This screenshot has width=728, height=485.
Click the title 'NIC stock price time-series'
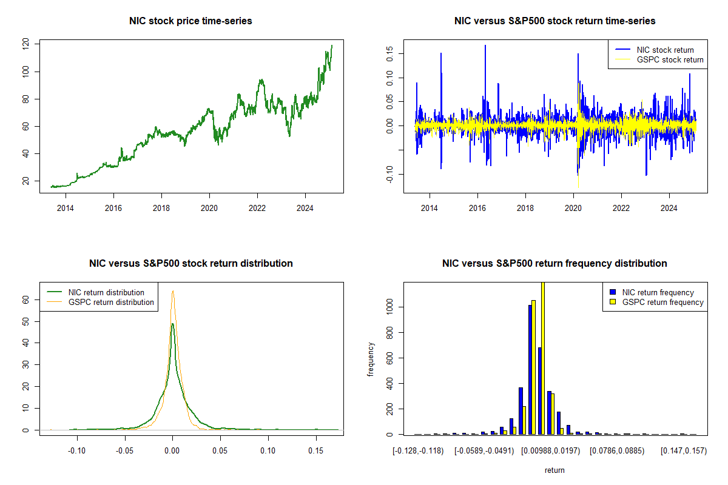point(190,21)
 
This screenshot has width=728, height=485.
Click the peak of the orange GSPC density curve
point(173,291)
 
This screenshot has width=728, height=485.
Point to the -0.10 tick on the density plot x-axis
point(76,451)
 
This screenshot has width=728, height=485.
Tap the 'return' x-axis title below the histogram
point(554,470)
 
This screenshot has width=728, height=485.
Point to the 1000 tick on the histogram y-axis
point(389,307)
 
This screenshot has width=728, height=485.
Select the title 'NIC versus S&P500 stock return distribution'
point(190,263)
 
